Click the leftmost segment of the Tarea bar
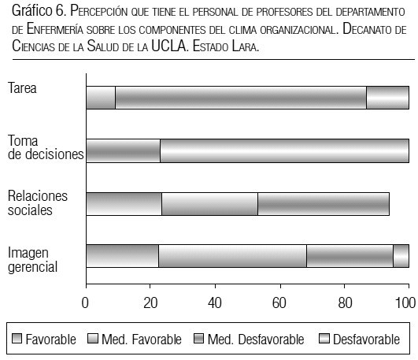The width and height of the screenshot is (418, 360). pyautogui.click(x=101, y=98)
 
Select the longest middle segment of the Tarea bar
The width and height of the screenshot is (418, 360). pyautogui.click(x=241, y=98)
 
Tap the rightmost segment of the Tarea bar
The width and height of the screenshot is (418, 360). pyautogui.click(x=387, y=98)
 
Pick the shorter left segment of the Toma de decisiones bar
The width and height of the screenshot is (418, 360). pyautogui.click(x=123, y=150)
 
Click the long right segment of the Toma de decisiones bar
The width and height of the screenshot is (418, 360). pyautogui.click(x=284, y=150)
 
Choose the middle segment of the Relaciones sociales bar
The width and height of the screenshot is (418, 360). pyautogui.click(x=210, y=204)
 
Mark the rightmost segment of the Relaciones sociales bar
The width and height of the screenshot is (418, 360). pyautogui.click(x=324, y=204)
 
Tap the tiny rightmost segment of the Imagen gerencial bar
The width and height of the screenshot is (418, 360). pyautogui.click(x=401, y=256)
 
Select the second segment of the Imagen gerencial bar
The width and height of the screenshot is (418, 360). pyautogui.click(x=232, y=256)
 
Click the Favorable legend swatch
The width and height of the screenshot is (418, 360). pyautogui.click(x=17, y=339)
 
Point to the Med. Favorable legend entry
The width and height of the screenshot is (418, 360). pyautogui.click(x=135, y=340)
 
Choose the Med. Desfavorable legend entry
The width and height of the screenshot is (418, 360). pyautogui.click(x=249, y=340)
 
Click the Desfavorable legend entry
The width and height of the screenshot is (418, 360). pyautogui.click(x=359, y=340)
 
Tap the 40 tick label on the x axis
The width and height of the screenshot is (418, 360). pyautogui.click(x=215, y=303)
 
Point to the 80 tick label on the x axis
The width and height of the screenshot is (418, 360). pyautogui.click(x=345, y=303)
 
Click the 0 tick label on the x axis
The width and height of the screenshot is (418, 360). pyautogui.click(x=85, y=303)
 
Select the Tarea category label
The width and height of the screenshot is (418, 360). pyautogui.click(x=22, y=88)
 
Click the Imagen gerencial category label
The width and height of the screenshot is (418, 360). pyautogui.click(x=33, y=260)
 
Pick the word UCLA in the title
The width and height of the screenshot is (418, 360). pyautogui.click(x=168, y=46)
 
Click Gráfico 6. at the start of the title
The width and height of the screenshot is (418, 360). pyautogui.click(x=39, y=11)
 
